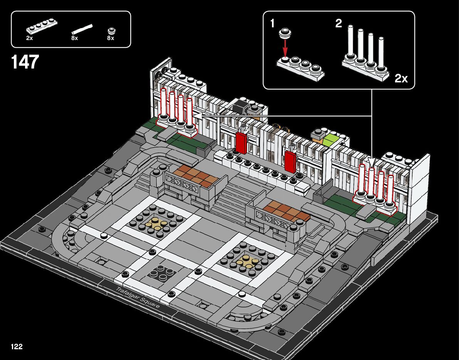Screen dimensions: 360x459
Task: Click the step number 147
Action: click(25, 62)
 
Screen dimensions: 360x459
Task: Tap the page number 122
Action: click(17, 347)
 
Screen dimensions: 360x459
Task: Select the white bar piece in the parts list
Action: click(82, 29)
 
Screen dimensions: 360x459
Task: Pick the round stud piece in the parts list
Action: click(111, 31)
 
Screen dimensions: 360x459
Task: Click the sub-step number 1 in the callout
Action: click(272, 24)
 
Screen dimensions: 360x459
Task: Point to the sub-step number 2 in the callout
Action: click(338, 24)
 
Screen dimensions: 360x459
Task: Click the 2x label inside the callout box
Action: click(401, 79)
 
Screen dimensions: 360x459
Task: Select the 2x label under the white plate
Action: click(30, 39)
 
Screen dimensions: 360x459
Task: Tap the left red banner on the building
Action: click(241, 143)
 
